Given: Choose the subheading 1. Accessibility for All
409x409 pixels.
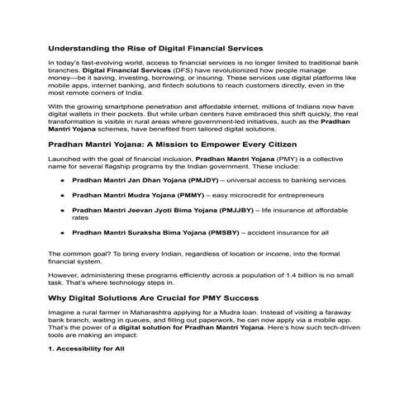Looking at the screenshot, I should coord(87,350).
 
